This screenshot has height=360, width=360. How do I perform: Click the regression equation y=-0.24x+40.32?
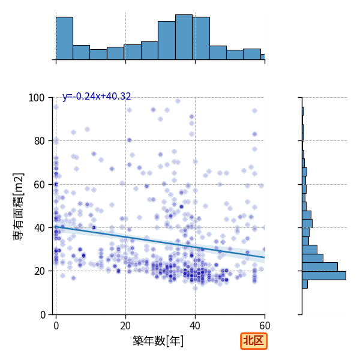pos(97,97)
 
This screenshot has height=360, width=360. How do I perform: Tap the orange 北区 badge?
pos(254,341)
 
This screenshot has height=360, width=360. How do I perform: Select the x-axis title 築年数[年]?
pos(158,341)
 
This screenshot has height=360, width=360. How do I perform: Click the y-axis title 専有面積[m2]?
pos(19,206)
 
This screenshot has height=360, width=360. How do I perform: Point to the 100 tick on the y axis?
pos(36,98)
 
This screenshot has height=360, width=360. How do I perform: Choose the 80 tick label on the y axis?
pos(39,141)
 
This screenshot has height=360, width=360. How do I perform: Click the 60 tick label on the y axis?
pos(39,185)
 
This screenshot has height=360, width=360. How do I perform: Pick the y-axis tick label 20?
pos(39,271)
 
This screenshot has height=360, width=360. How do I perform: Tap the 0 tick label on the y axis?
pos(43,315)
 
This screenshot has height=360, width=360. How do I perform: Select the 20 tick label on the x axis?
pos(125,326)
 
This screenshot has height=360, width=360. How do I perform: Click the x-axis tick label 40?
pos(195,326)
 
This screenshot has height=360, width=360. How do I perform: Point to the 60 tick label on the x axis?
pos(265,326)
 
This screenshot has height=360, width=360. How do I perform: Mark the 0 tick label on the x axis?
pos(56,326)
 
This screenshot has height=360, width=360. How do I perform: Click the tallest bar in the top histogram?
pos(184,37)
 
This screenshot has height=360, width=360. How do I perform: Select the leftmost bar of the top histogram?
pos(65,38)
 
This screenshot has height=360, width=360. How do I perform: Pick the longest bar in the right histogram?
pos(324,275)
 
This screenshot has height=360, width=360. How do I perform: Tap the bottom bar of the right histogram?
pos(305,284)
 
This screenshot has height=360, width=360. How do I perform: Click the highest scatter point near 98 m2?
pos(178,101)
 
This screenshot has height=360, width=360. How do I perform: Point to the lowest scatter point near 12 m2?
pos(195,288)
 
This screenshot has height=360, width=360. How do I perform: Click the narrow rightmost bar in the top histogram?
pos(263,57)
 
